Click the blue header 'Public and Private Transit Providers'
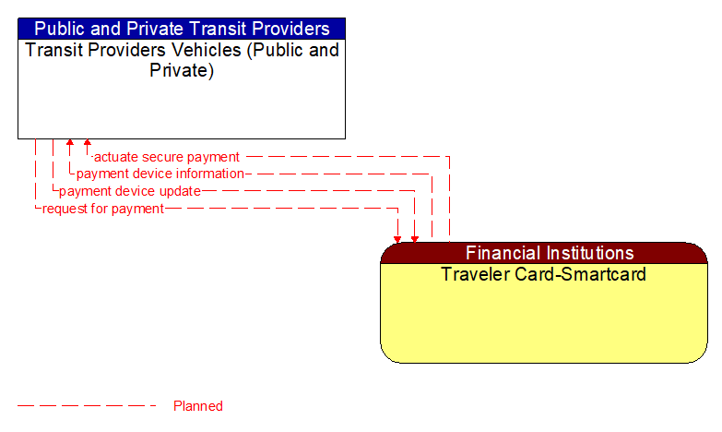(x=182, y=29)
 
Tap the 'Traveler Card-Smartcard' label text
(x=543, y=274)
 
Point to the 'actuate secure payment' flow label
(x=167, y=157)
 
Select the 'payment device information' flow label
(x=160, y=174)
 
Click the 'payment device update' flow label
(x=129, y=191)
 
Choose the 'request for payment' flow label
(x=103, y=209)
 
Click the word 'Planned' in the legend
(x=198, y=406)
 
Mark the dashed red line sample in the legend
(x=87, y=406)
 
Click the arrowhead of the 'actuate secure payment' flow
(x=88, y=144)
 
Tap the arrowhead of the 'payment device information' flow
(x=70, y=144)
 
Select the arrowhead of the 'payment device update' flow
(x=415, y=238)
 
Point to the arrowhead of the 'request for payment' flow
(x=397, y=238)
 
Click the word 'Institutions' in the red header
(x=588, y=253)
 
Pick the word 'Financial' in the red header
(x=502, y=253)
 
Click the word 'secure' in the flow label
(x=164, y=157)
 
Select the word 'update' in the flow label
(x=180, y=191)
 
